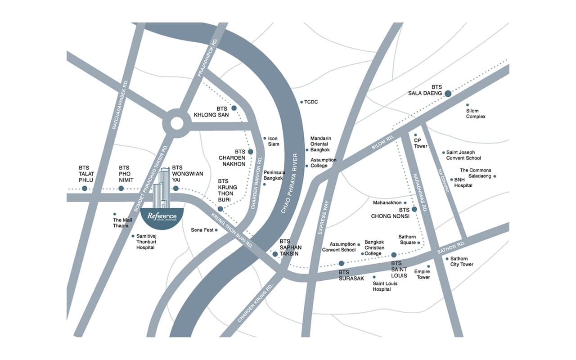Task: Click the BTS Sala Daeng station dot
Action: (448, 94)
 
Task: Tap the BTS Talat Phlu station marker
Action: (85, 188)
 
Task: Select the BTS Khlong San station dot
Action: (234, 108)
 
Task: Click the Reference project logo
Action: (162, 217)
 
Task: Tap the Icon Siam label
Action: (274, 141)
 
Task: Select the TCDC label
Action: (311, 102)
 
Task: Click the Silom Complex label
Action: (476, 114)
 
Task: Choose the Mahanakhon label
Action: (387, 203)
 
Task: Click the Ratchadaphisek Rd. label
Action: (121, 105)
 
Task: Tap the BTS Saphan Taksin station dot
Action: (275, 254)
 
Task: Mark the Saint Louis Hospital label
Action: (385, 286)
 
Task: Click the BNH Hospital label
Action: (463, 182)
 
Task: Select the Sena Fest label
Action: (201, 230)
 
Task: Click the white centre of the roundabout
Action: (176, 123)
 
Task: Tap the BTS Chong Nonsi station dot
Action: (414, 209)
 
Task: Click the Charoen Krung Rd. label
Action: (255, 304)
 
